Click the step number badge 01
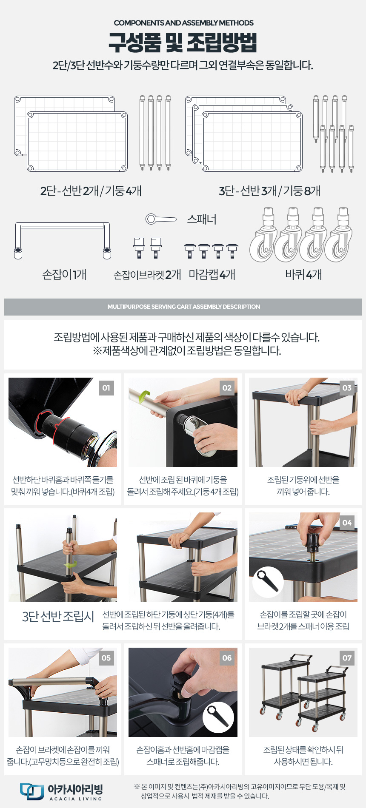tap(106, 388)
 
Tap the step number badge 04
tap(347, 523)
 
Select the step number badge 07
tap(347, 658)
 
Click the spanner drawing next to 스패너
tap(161, 219)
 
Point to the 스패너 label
tap(202, 219)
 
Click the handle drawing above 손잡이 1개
tap(63, 225)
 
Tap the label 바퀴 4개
tap(303, 274)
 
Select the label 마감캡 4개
tap(212, 274)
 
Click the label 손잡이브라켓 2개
tap(147, 275)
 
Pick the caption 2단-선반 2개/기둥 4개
tap(91, 191)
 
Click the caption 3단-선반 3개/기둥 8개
tap(270, 191)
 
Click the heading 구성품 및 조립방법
tap(183, 42)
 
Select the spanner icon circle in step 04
tap(268, 583)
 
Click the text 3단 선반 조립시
tap(58, 616)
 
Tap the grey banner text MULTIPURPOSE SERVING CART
tap(183, 307)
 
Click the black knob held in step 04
tap(314, 540)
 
